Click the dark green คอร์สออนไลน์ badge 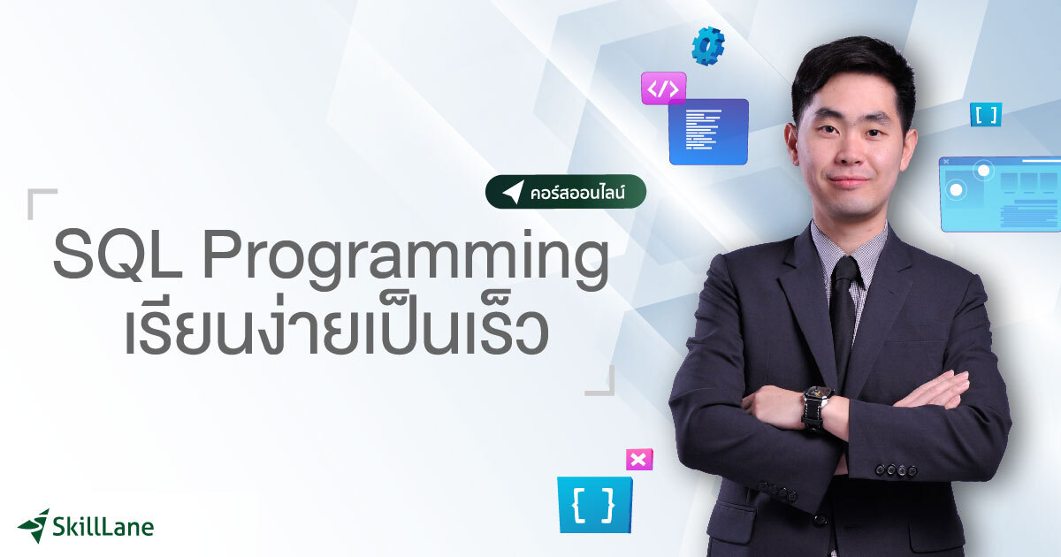[565, 191]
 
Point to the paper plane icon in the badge [513, 192]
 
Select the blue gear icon [708, 46]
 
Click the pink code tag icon [663, 88]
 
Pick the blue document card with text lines [708, 131]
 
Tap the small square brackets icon [985, 114]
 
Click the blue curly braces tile [594, 505]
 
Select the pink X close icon [639, 460]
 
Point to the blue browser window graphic [1000, 194]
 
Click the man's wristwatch [816, 408]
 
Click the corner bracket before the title [42, 202]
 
